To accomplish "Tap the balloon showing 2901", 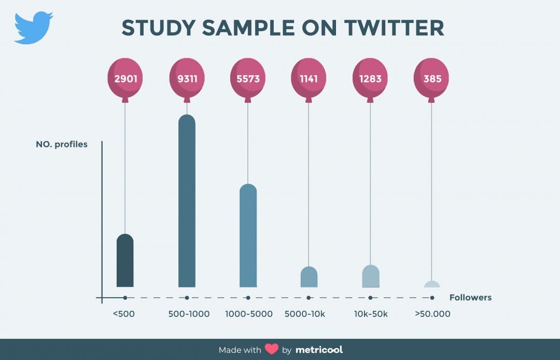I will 125,79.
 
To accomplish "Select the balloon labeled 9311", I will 187,79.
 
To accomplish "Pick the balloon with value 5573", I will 248,79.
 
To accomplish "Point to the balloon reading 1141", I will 309,79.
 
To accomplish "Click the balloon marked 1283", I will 370,79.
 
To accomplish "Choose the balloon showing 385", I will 431,79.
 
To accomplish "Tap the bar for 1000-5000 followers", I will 248,236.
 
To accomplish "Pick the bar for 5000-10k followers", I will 309,277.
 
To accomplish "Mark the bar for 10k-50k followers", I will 370,276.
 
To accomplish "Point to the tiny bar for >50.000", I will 431,284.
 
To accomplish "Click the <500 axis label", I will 123,314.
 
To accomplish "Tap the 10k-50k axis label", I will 370,314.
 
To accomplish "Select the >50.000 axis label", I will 432,314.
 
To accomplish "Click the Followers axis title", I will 470,298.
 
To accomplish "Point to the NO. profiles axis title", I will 61,144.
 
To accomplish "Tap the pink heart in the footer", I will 272,350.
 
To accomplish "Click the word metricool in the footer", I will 319,350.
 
